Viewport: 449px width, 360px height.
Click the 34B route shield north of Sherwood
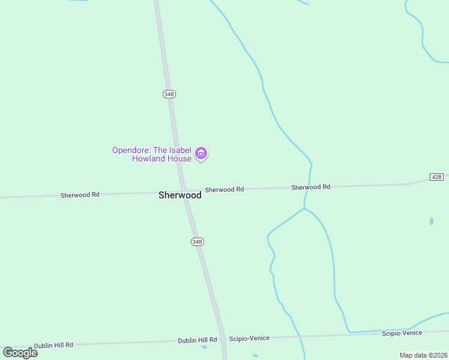(x=169, y=94)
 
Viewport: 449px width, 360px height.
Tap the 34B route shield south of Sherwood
(x=197, y=241)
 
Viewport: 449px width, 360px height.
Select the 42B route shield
(x=436, y=176)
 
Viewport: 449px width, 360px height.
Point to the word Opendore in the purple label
(x=130, y=150)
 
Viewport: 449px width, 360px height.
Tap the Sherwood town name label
(x=180, y=195)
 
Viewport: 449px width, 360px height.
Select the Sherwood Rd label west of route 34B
(x=80, y=195)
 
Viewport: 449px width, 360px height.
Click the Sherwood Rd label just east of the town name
(x=224, y=190)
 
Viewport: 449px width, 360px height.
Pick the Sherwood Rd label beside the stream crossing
(x=310, y=187)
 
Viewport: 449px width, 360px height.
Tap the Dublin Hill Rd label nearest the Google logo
(x=53, y=345)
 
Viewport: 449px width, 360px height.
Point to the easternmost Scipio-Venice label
(x=402, y=332)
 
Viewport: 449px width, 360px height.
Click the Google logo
(x=20, y=353)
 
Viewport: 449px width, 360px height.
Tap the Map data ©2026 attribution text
(x=423, y=355)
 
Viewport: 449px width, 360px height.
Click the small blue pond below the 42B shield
(x=432, y=221)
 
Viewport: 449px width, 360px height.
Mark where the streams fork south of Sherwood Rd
(x=304, y=208)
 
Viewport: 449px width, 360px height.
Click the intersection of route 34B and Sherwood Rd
(x=182, y=192)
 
